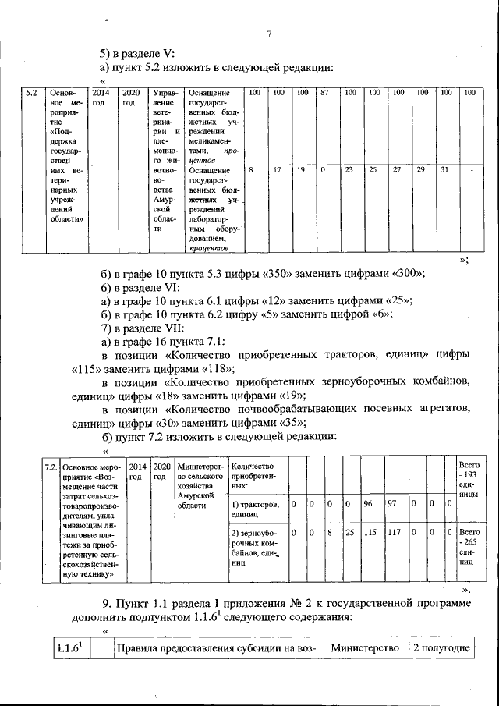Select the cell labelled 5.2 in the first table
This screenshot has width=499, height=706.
(31, 93)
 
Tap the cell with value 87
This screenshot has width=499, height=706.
(325, 93)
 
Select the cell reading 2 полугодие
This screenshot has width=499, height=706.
(441, 649)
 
